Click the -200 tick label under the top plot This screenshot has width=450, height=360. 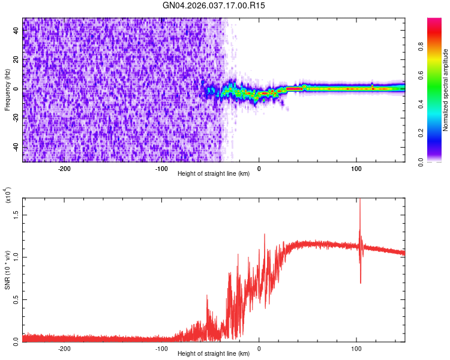click(x=64, y=169)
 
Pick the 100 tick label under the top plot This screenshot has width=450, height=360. click(x=356, y=169)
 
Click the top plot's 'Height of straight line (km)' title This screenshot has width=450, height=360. click(x=214, y=174)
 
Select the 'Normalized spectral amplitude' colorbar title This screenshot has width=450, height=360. click(x=446, y=90)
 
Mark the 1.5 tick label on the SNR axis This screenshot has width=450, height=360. click(x=16, y=215)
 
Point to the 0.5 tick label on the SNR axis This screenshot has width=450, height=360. click(x=16, y=299)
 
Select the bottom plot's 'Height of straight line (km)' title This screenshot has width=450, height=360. click(x=214, y=354)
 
